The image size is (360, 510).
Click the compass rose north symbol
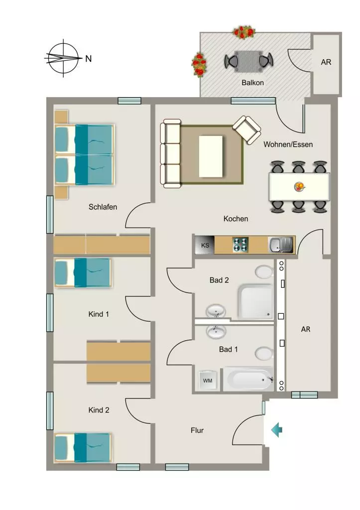tap(63, 58)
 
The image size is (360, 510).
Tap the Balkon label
tap(252, 83)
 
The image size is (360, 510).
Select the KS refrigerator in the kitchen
tap(205, 245)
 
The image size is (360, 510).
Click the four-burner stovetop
tap(240, 245)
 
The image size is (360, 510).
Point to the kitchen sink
tap(281, 245)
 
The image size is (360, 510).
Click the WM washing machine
tap(208, 380)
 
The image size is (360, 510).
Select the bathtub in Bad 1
tap(248, 379)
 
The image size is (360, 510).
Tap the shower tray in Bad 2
tap(255, 302)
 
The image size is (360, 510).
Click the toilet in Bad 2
tap(264, 271)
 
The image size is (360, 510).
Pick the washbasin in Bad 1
tap(216, 332)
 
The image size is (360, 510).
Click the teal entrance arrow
tap(277, 430)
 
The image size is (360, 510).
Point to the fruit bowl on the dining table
tap(300, 187)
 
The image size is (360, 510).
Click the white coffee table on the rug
tap(211, 156)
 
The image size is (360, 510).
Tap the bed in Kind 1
tap(83, 272)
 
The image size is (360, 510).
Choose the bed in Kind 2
tap(83, 448)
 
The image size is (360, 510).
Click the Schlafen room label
tap(103, 207)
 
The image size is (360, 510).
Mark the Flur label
tap(197, 430)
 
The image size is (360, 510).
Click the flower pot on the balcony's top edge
tap(244, 32)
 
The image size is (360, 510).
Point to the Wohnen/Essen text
tap(288, 144)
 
